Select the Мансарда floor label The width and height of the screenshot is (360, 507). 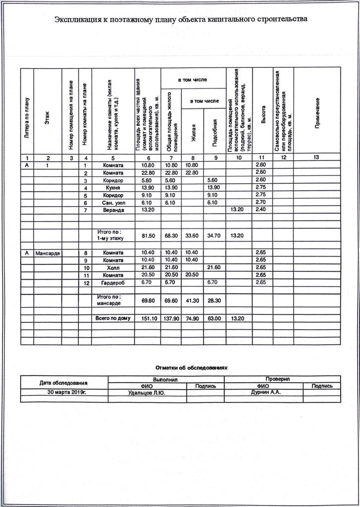(48, 253)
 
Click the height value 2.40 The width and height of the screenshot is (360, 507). (260, 210)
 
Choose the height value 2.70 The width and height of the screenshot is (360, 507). (260, 203)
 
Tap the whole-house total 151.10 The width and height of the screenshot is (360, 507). (147, 318)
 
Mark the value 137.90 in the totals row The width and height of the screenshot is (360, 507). (171, 318)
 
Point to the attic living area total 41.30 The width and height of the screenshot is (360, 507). (192, 300)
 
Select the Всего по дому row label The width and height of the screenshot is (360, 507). (113, 318)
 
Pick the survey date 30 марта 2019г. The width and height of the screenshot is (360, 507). (64, 392)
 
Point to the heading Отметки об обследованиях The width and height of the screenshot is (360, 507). (191, 368)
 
